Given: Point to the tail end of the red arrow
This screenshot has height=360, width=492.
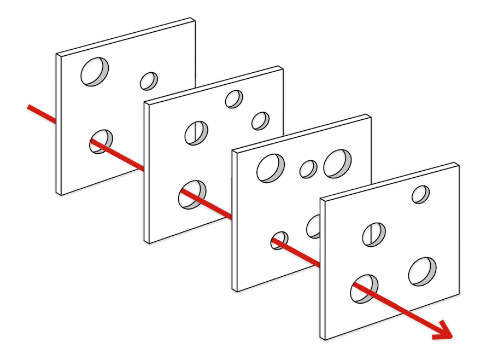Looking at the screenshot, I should click(29, 107).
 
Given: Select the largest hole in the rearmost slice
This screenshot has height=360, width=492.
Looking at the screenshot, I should click(95, 71).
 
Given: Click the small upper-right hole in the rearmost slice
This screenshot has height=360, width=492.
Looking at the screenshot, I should click(149, 81).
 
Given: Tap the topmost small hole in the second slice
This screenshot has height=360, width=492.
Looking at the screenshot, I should click(234, 98).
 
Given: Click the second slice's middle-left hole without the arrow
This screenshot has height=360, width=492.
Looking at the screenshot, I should click(196, 132).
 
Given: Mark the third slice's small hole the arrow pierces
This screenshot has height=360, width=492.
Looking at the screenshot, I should click(279, 239).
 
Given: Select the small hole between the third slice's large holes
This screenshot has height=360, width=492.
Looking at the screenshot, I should click(308, 169).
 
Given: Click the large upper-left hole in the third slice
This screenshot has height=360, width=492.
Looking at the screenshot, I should click(271, 167).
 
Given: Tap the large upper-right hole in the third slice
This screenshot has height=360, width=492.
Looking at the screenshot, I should click(337, 163).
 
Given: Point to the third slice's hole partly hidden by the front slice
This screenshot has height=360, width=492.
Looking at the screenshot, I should click(314, 225).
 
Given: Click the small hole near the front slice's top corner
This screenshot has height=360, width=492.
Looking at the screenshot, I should click(420, 194).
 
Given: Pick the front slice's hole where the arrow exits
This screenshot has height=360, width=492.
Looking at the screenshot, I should click(365, 288).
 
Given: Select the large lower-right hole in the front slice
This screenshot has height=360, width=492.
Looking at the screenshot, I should click(423, 271).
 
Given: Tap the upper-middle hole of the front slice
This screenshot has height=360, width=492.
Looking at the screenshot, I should click(374, 234).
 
